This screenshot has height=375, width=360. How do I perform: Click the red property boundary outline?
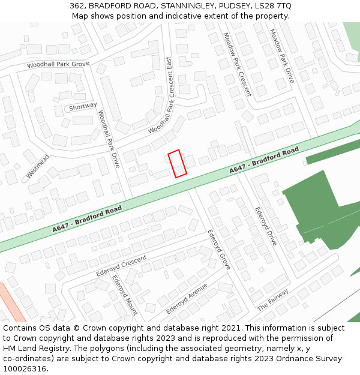click(x=177, y=164)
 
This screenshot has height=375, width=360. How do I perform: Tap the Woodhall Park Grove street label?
click(x=58, y=64)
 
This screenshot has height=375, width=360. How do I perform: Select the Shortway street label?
click(x=83, y=106)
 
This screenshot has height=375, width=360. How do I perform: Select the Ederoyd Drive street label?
click(x=266, y=226)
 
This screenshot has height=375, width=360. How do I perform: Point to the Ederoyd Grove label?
click(x=219, y=249)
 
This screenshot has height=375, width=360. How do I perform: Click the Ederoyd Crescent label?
click(x=122, y=266)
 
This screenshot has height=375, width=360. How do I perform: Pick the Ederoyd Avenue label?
click(x=187, y=298)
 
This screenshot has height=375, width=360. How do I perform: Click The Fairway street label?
click(x=272, y=299)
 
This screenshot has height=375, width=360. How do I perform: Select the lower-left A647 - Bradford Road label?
click(x=87, y=219)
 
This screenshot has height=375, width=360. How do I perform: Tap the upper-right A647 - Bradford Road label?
click(x=264, y=161)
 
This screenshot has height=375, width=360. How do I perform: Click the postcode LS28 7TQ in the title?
click(x=272, y=6)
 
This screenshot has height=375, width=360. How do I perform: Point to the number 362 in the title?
click(x=77, y=6)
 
